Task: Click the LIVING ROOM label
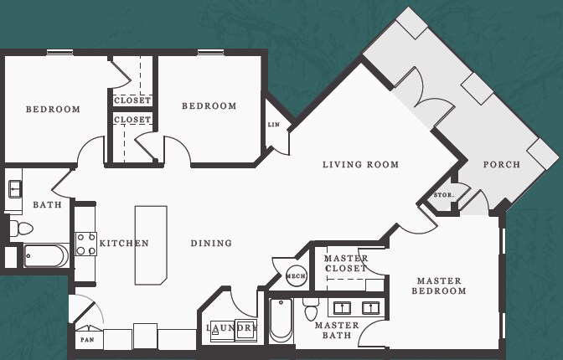coord(360,165)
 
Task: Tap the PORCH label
coord(501,165)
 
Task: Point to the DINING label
coord(211,244)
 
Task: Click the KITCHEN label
coord(124,244)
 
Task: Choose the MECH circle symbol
coord(296,275)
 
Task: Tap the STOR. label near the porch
coord(443,196)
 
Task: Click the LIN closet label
coord(273,125)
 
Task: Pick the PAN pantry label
coord(86,340)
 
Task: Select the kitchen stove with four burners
coord(85,244)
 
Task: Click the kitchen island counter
coord(151,244)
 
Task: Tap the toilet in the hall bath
coord(23,228)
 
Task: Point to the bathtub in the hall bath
coord(46,255)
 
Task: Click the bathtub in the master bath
coord(281,321)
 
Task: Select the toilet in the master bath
coord(311,310)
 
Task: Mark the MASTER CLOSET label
coord(346,263)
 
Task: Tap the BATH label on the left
coord(47,205)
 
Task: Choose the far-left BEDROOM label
coord(53,110)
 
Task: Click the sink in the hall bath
coord(15,188)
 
